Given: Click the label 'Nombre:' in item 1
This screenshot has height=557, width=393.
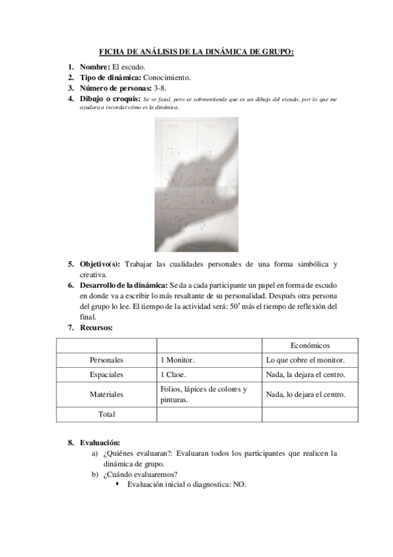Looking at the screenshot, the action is pyautogui.click(x=95, y=67).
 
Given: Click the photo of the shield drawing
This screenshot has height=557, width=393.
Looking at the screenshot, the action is pyautogui.click(x=196, y=185).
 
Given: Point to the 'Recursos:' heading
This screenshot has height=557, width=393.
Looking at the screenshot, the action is pyautogui.click(x=96, y=327).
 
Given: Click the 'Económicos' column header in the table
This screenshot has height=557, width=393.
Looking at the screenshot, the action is pyautogui.click(x=310, y=345).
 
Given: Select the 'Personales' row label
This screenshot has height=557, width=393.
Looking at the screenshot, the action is pyautogui.click(x=106, y=361).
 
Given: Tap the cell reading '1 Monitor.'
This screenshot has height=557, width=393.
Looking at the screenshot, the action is pyautogui.click(x=177, y=361).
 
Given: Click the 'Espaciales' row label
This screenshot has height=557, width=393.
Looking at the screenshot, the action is pyautogui.click(x=106, y=375).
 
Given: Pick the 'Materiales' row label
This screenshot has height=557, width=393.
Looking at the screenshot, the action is pyautogui.click(x=106, y=394).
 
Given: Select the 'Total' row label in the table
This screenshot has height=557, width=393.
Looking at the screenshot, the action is pyautogui.click(x=106, y=414).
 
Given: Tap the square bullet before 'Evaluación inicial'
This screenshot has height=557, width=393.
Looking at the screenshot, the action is pyautogui.click(x=117, y=484).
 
